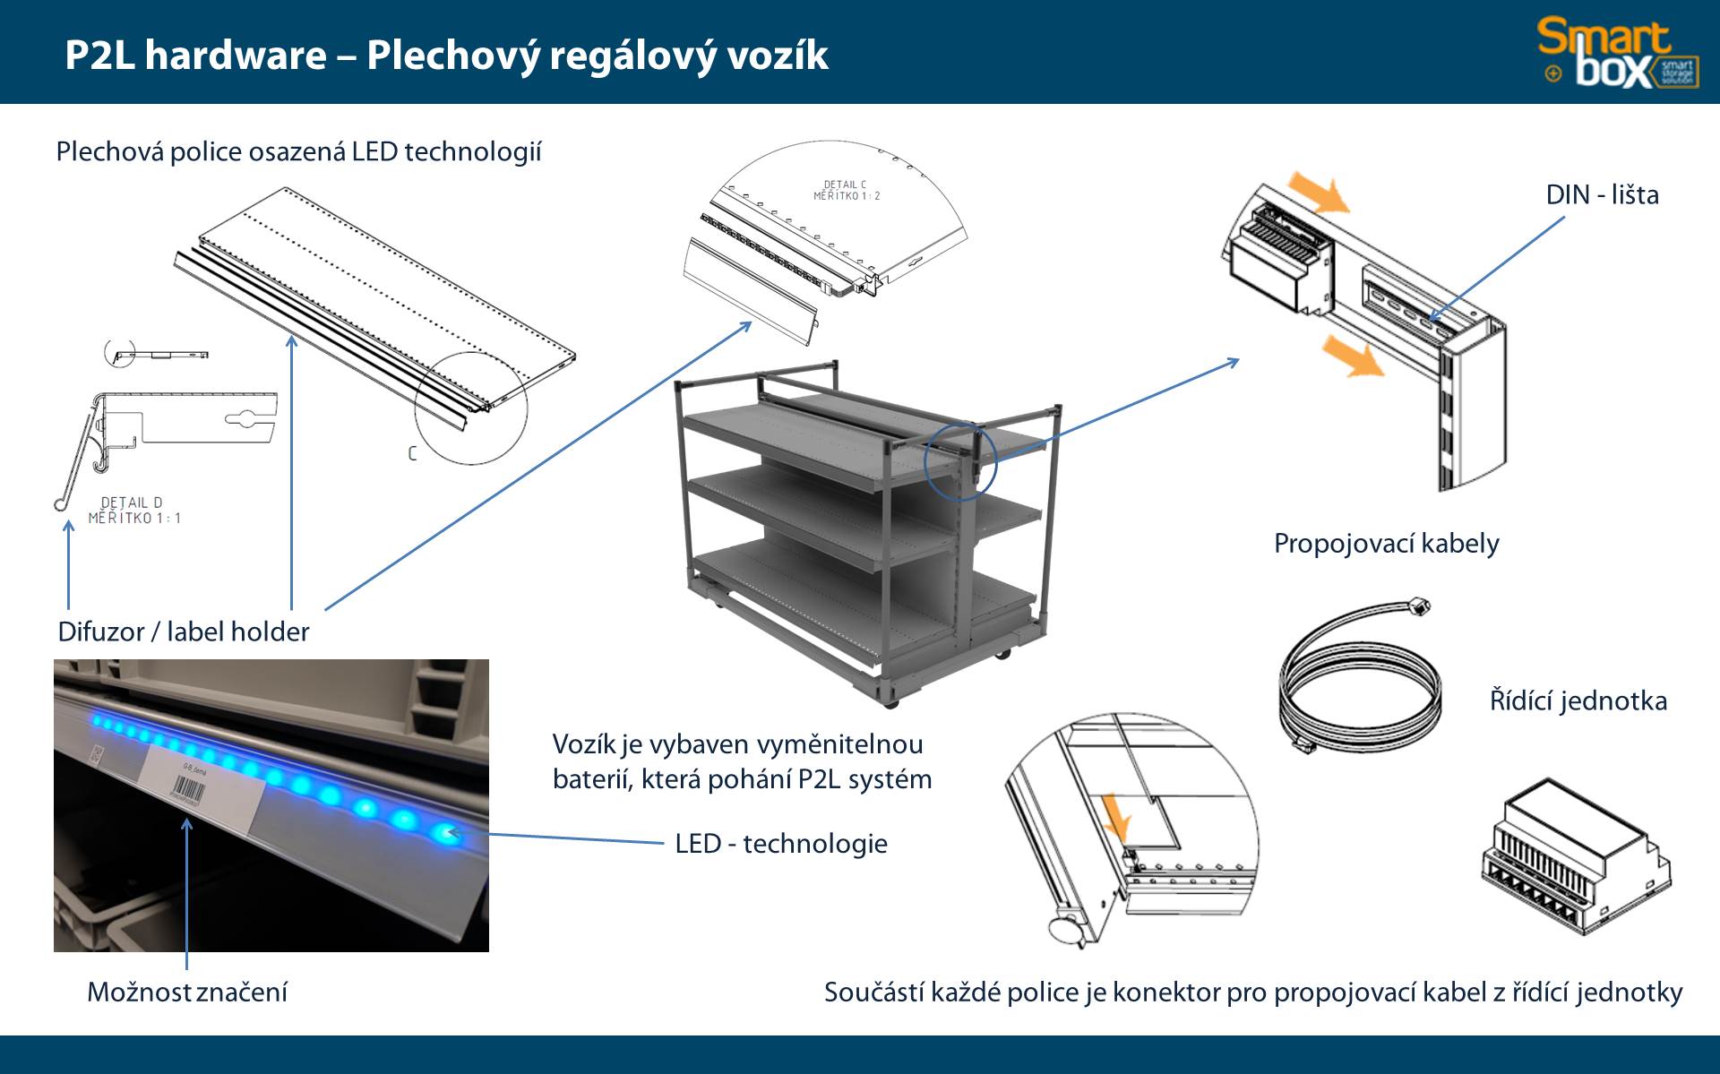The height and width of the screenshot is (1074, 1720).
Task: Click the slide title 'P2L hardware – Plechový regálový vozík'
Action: [446, 56]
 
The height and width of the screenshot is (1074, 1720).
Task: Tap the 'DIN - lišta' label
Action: [1602, 195]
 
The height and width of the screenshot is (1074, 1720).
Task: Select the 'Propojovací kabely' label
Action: [1386, 544]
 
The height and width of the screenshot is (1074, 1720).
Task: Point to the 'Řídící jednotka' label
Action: [1578, 700]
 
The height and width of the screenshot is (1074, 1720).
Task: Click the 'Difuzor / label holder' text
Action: [183, 632]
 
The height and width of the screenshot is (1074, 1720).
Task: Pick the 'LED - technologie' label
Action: [780, 844]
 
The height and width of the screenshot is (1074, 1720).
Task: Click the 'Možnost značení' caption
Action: [186, 992]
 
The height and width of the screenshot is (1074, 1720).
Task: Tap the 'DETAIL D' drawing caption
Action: [132, 503]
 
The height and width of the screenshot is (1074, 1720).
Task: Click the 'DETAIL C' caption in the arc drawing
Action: [845, 185]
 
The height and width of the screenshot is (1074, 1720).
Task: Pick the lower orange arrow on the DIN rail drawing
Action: [1353, 356]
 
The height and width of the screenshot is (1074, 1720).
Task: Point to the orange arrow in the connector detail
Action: [1116, 815]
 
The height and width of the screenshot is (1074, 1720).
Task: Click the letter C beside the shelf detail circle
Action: [412, 453]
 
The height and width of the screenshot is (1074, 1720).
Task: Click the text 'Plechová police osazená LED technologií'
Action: [298, 152]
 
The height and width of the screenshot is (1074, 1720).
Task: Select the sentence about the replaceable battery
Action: [742, 761]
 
